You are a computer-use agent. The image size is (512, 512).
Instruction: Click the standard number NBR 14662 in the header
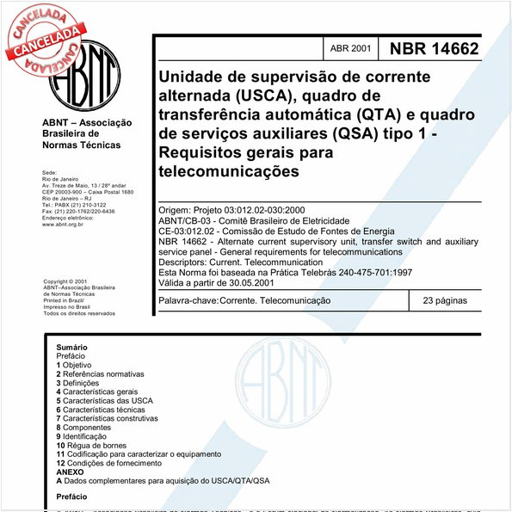[x=434, y=50]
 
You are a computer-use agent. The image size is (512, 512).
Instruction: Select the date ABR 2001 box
[x=350, y=50]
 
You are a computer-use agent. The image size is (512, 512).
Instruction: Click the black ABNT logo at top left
[x=84, y=79]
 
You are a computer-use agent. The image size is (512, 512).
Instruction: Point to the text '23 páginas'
[x=445, y=301]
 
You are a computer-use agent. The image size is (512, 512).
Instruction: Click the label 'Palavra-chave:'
[x=188, y=301]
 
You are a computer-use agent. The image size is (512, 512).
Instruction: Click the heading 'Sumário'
[x=72, y=347]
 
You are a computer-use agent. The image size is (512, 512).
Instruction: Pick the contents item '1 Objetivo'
[x=81, y=365]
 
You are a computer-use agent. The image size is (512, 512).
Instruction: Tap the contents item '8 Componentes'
[x=89, y=427]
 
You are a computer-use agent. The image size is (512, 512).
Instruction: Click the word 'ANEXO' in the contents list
[x=70, y=472]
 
